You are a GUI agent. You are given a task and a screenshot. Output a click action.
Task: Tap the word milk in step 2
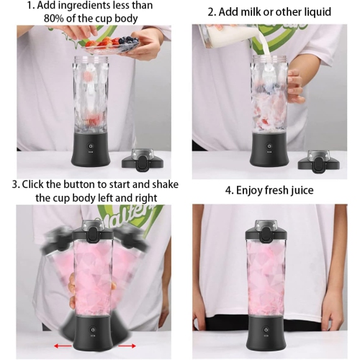(x=253, y=12)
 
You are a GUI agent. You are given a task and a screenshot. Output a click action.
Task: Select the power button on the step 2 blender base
(x=270, y=146)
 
